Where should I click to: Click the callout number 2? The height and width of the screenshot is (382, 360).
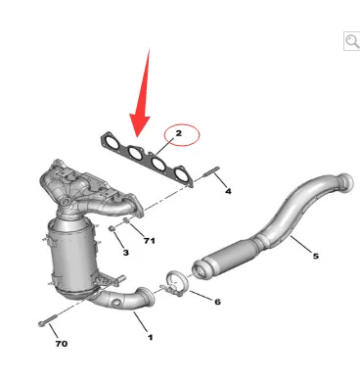(x=178, y=133)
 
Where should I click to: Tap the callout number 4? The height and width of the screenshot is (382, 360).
(x=228, y=191)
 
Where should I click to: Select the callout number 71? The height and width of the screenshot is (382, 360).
(x=150, y=241)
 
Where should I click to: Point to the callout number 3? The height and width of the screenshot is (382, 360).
(x=126, y=253)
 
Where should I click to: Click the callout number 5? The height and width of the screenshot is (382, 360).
(x=316, y=256)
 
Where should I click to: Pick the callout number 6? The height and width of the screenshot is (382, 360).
(x=217, y=302)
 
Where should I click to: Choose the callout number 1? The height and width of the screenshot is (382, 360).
(x=150, y=337)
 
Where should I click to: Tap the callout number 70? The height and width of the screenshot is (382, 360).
(x=62, y=344)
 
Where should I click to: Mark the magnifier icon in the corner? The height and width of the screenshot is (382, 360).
(x=352, y=41)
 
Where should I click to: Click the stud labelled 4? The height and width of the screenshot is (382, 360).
(x=211, y=171)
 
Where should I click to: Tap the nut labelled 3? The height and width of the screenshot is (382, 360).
(x=112, y=228)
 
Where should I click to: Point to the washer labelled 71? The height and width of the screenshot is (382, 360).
(x=126, y=220)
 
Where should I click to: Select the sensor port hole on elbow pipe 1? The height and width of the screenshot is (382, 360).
(x=115, y=304)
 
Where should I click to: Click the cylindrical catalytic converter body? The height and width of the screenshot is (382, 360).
(x=70, y=258)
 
